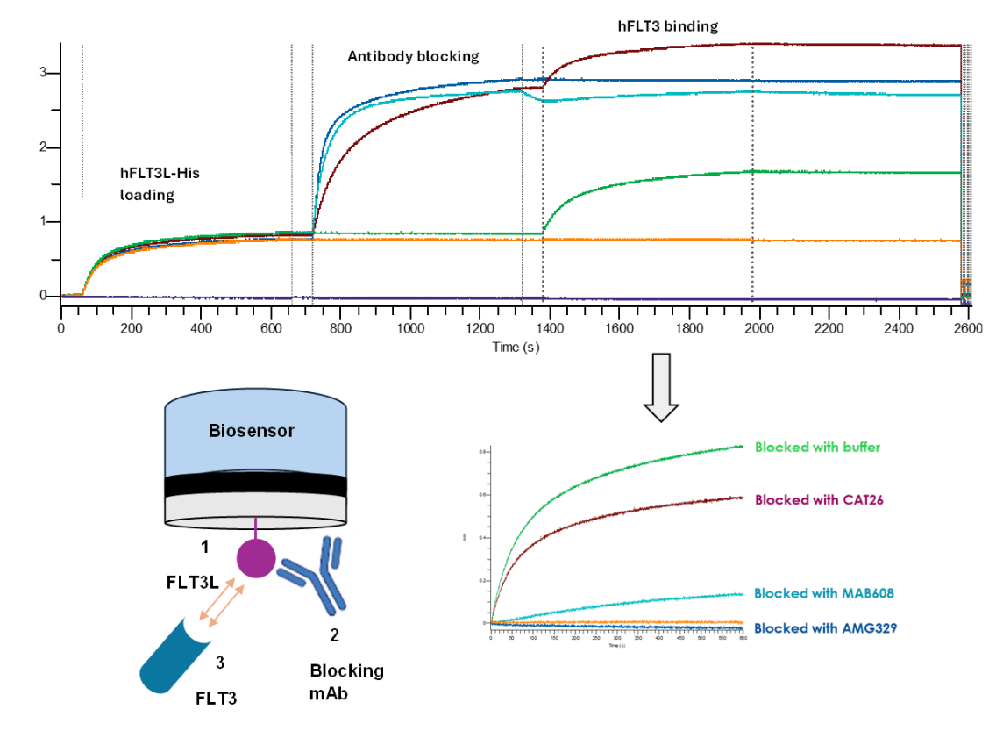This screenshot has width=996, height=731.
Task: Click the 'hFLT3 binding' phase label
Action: (668, 25)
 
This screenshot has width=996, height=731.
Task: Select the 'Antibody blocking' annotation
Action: (413, 56)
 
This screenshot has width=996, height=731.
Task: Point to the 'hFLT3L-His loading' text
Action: (160, 184)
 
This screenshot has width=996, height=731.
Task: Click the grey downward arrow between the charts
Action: (662, 385)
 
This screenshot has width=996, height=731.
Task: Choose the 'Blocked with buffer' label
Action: (817, 447)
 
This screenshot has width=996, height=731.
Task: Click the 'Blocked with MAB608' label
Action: (818, 593)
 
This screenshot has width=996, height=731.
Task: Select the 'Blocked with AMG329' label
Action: (817, 628)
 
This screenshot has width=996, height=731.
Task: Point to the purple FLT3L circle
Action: (255, 559)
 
